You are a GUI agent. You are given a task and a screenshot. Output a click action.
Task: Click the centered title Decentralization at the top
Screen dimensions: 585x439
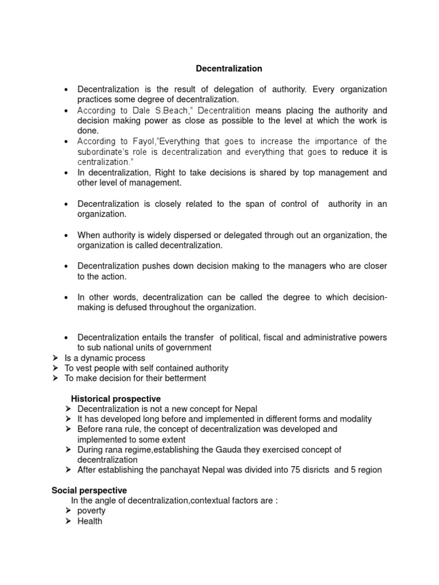[229, 69]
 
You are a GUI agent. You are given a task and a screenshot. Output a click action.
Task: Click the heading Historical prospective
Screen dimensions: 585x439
[115, 399]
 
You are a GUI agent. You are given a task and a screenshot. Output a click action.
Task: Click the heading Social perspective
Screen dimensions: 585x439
[89, 490]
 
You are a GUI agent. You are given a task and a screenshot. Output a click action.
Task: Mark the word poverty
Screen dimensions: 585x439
[91, 511]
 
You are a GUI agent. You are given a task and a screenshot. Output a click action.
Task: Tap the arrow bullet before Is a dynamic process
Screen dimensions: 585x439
[55, 358]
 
